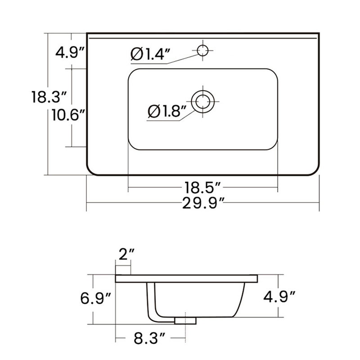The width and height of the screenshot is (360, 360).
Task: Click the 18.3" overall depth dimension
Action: tap(49, 97)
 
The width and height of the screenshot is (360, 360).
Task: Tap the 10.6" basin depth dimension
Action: tap(68, 115)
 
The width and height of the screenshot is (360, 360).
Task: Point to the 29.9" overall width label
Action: tap(203, 203)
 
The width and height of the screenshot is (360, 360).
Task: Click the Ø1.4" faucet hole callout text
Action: tap(150, 54)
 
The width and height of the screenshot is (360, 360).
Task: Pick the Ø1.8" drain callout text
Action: tap(167, 111)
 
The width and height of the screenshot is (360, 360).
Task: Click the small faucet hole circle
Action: tap(203, 50)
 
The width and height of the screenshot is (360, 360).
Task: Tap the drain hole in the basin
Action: tap(203, 102)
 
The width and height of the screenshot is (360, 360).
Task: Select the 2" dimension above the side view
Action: tap(126, 254)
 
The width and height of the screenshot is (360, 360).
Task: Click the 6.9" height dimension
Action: tap(95, 298)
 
